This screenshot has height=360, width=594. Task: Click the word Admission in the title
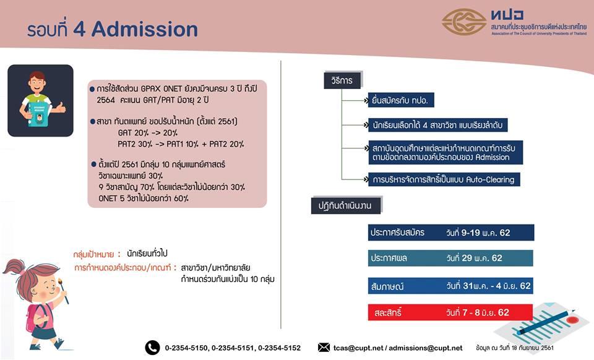click(145, 29)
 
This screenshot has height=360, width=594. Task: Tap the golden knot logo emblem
click(464, 22)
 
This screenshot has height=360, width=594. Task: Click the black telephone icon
click(152, 348)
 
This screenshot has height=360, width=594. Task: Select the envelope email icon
click(324, 347)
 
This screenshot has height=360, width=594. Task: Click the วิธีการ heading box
click(342, 80)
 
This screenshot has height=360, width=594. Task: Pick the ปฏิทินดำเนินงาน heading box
click(345, 205)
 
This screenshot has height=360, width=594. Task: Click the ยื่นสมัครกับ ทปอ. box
click(401, 100)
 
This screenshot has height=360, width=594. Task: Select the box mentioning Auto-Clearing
click(444, 179)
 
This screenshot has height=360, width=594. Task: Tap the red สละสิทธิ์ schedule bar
click(450, 312)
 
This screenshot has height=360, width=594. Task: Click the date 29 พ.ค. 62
click(481, 258)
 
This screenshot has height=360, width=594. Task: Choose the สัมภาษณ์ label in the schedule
click(387, 286)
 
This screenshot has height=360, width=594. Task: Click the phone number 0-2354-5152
click(279, 348)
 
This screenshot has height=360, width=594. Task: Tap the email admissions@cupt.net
click(426, 348)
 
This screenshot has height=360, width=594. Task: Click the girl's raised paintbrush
click(63, 290)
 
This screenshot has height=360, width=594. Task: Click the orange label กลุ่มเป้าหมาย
click(93, 254)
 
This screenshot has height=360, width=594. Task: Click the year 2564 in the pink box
click(106, 100)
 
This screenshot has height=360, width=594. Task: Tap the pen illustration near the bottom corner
click(546, 322)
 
